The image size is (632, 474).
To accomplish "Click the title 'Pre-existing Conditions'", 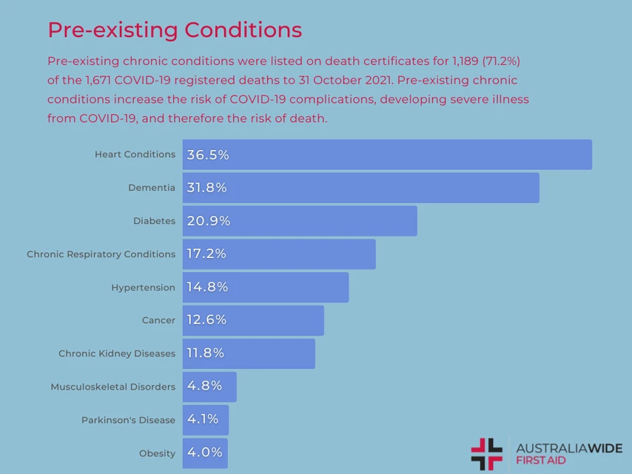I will click(x=175, y=30).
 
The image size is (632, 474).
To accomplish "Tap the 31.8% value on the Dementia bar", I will click(x=206, y=188).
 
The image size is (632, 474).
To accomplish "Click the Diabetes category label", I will click(x=154, y=221).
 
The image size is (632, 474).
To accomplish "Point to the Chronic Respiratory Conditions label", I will click(x=101, y=254).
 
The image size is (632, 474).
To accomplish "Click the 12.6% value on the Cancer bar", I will click(x=206, y=320).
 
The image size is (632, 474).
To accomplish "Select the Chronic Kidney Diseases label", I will click(x=117, y=353).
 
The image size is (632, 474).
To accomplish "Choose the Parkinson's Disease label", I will click(x=128, y=420).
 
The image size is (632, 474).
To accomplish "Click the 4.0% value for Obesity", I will click(x=204, y=453).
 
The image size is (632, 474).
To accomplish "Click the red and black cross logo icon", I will click(x=486, y=454).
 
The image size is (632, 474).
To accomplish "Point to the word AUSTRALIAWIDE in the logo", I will click(x=568, y=449).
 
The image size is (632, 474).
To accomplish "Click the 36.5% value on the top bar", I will click(x=208, y=155).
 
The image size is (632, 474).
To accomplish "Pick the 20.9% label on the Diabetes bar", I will click(x=208, y=221).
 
